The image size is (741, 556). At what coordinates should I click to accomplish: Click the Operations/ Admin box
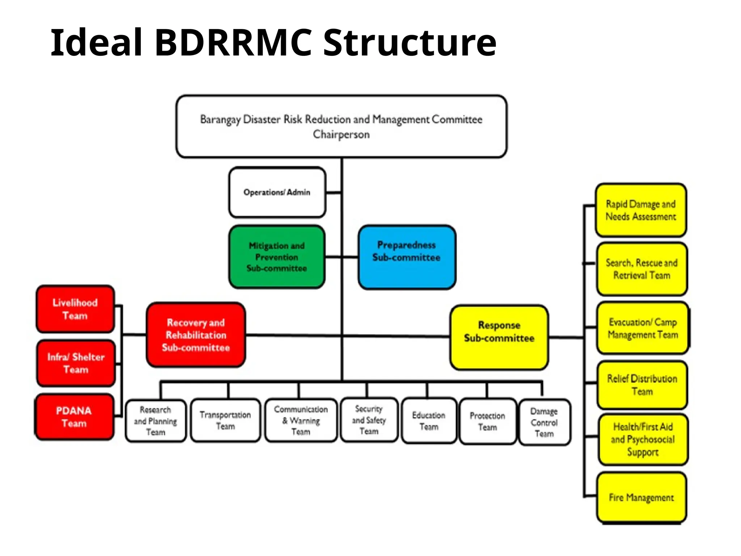pos(277,192)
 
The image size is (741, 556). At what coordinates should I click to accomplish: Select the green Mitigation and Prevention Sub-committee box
pos(277,257)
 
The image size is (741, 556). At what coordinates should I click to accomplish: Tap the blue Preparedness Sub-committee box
pos(407,257)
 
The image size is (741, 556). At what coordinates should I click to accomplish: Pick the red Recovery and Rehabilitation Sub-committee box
pos(196,335)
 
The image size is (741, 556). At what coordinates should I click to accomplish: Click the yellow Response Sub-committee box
pos(499,337)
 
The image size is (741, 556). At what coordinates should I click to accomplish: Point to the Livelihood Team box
pos(75,309)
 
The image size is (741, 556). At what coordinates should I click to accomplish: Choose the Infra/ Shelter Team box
pos(76,363)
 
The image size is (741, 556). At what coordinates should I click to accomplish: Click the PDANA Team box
pos(74,417)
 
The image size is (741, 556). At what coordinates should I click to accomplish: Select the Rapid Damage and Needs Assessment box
pos(641,210)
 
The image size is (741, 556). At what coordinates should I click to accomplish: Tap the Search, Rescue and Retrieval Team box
pos(642,269)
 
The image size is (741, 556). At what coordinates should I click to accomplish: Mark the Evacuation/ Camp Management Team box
pos(643,328)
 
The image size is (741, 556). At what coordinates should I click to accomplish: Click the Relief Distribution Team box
pos(642,385)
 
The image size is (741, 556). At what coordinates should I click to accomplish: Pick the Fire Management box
pos(641,498)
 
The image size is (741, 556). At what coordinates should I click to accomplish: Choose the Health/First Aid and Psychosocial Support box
pos(643,439)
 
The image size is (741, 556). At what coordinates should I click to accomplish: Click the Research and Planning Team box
pos(156,421)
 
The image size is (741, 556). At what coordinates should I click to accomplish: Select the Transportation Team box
pos(225,420)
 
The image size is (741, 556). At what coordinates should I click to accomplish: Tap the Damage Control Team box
pos(544,422)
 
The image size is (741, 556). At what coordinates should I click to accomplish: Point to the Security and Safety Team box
pos(369,420)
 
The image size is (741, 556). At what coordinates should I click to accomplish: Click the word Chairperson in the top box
pos(341,135)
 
